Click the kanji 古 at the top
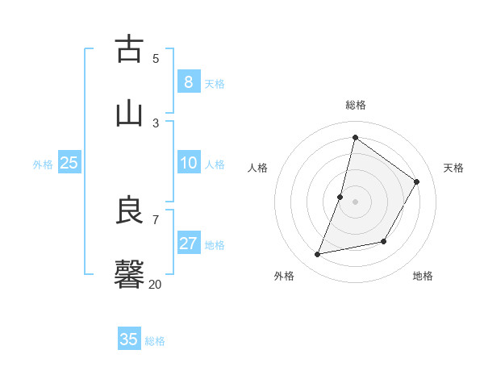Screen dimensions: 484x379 (129, 50)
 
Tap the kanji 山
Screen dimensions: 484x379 (129, 114)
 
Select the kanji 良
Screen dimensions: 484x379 (129, 210)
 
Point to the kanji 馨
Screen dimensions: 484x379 (129, 274)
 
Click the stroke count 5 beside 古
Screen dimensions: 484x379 (156, 58)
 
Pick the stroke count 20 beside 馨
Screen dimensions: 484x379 (155, 283)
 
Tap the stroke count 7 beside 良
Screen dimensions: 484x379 (156, 219)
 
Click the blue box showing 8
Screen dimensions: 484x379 (188, 81)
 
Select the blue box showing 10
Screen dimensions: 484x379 (188, 163)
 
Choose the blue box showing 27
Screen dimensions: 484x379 (188, 244)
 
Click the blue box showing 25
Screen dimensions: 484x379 (69, 163)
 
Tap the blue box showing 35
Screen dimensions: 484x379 (129, 339)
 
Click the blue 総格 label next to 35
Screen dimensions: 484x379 (155, 341)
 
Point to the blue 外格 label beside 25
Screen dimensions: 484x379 (43, 165)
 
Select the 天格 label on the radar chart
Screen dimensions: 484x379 (453, 168)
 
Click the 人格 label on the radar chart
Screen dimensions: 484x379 (257, 168)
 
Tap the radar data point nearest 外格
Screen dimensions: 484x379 (318, 255)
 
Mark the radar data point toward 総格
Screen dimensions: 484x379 (355, 138)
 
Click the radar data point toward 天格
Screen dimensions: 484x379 (416, 181)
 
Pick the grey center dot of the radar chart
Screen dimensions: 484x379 (355, 201)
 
